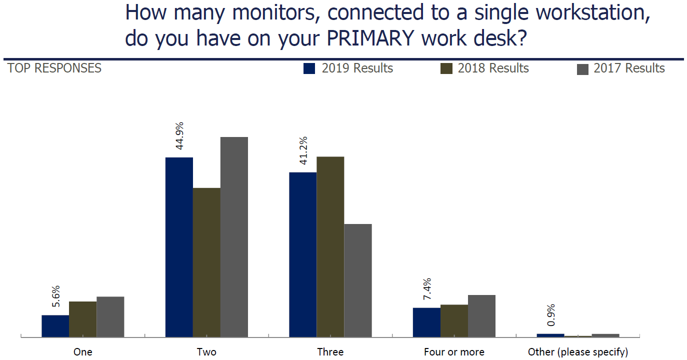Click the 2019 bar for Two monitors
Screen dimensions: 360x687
pos(179,247)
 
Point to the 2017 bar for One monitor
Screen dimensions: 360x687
pos(110,316)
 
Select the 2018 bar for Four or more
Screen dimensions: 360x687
pos(454,320)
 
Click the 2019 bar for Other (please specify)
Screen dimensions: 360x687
pos(550,335)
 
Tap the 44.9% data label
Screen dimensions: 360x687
pos(179,136)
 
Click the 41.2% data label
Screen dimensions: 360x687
pos(303,151)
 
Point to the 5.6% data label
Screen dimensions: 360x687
pos(55,297)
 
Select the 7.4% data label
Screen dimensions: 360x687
pos(427,289)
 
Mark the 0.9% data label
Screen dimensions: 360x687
pos(551,315)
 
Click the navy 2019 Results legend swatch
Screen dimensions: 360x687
pos(309,69)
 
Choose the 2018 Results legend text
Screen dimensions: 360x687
pos(493,68)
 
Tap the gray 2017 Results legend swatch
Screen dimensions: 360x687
pos(582,69)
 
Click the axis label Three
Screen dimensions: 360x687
pos(330,352)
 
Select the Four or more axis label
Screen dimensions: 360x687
pos(454,352)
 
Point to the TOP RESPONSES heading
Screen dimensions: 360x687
pos(54,68)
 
